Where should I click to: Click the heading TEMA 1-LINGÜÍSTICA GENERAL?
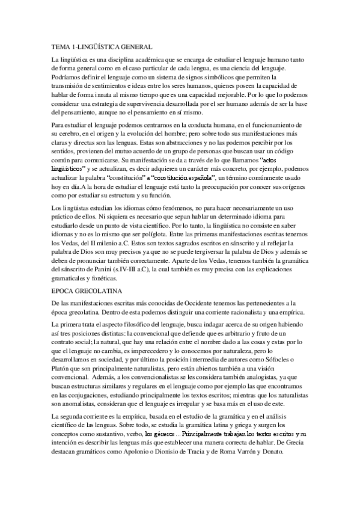102,46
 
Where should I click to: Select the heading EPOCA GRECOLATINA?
90,290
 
